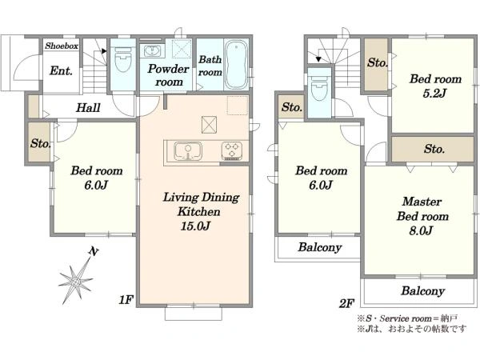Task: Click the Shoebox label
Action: (x=62, y=46)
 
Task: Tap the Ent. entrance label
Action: (x=61, y=70)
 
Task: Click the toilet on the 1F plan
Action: (x=123, y=59)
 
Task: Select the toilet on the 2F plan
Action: (x=319, y=88)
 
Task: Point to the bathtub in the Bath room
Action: (x=236, y=65)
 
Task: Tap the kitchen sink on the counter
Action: (x=188, y=151)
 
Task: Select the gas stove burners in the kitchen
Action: (x=232, y=150)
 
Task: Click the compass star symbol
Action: (x=76, y=281)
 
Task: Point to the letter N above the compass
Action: (x=94, y=252)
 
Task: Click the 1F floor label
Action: (x=126, y=300)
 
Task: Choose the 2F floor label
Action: (x=346, y=303)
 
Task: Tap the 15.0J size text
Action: (x=195, y=226)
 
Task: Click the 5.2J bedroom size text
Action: (x=434, y=94)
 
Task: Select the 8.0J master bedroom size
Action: (x=421, y=230)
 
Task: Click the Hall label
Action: (x=88, y=107)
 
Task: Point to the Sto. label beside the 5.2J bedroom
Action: (x=378, y=62)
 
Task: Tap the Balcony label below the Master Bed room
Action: (x=422, y=291)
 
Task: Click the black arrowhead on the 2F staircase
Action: (x=318, y=59)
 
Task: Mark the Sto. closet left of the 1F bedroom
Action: (x=39, y=142)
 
